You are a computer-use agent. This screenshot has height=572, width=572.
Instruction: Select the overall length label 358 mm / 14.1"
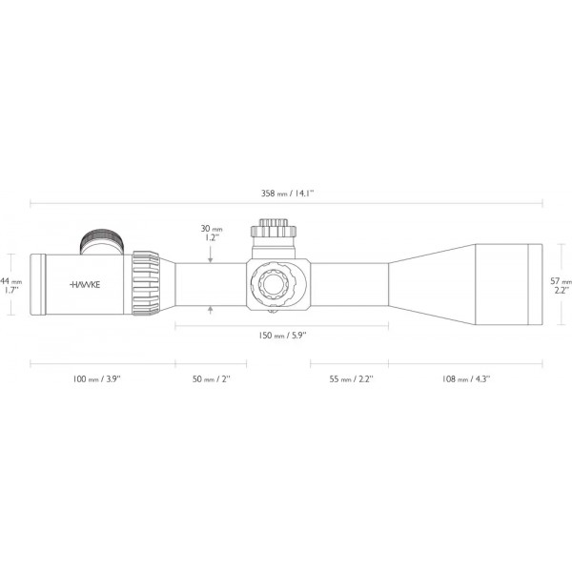click(x=287, y=193)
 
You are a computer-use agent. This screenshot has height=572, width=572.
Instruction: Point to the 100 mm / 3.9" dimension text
click(x=97, y=379)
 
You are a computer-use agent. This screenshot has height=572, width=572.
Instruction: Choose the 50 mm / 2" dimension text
click(x=211, y=379)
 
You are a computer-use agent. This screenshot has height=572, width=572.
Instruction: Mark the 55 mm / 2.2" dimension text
click(x=350, y=379)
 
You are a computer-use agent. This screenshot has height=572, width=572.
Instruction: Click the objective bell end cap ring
click(x=535, y=283)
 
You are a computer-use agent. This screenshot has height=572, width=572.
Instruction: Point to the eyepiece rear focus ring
click(x=39, y=284)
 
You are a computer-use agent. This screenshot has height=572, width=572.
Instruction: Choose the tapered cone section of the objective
click(x=429, y=283)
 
